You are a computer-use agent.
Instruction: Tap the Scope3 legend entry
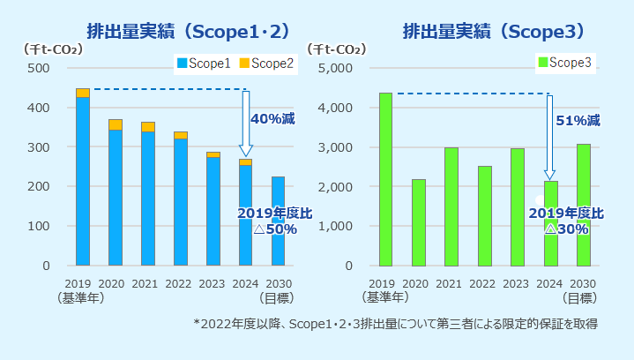click(564, 64)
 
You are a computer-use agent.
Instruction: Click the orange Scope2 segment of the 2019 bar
click(83, 93)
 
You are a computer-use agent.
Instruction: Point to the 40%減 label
click(272, 118)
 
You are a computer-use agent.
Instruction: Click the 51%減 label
click(578, 119)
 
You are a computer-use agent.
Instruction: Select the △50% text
click(274, 229)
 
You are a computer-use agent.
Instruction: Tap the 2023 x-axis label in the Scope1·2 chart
click(213, 283)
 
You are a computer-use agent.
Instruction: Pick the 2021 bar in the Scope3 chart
click(451, 206)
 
